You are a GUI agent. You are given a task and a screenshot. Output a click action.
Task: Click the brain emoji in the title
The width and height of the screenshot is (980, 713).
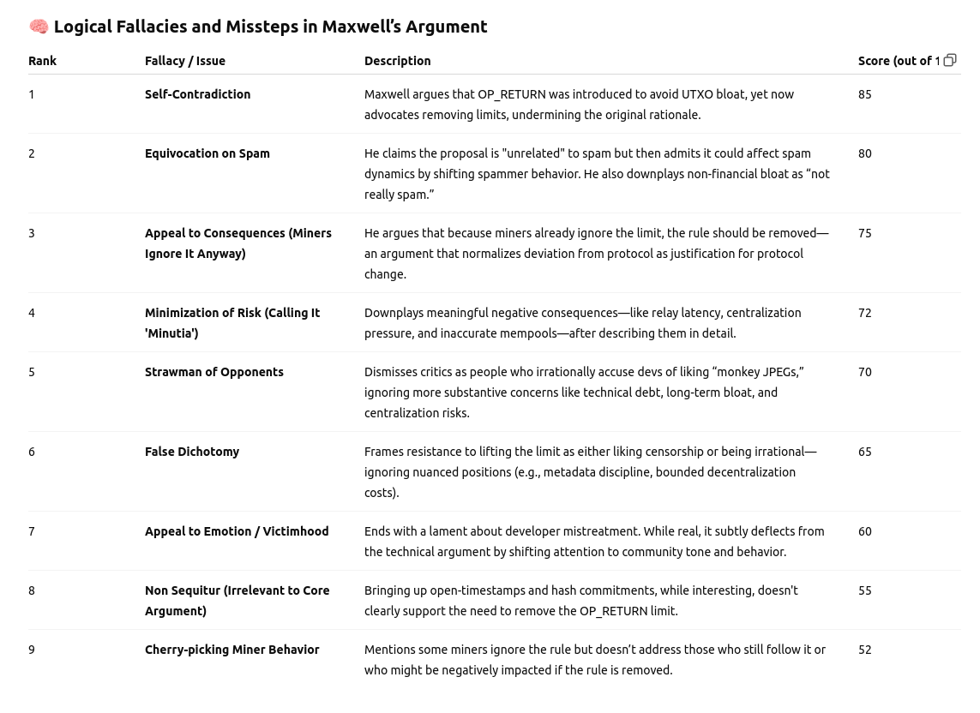click(39, 27)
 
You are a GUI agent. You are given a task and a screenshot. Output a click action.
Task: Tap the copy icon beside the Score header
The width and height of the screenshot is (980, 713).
click(950, 60)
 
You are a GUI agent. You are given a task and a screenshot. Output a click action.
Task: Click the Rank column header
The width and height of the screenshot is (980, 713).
click(42, 61)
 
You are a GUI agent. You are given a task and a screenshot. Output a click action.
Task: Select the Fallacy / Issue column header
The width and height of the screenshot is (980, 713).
click(184, 61)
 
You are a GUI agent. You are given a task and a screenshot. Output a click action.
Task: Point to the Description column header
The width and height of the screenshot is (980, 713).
click(397, 61)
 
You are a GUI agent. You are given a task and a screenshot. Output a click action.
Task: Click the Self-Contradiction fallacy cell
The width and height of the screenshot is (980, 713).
click(197, 94)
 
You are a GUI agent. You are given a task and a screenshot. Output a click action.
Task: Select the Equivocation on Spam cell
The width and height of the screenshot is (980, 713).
click(207, 153)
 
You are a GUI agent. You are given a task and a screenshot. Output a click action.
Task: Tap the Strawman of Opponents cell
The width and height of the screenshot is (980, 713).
click(213, 372)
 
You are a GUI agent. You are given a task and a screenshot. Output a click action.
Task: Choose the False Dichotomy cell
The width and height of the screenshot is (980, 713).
click(191, 452)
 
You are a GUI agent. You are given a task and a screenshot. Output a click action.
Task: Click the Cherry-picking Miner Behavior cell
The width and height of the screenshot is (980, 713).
click(231, 650)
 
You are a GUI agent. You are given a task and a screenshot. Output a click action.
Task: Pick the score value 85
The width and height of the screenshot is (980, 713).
click(864, 94)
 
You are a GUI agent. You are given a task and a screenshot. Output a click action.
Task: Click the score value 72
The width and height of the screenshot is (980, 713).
click(864, 313)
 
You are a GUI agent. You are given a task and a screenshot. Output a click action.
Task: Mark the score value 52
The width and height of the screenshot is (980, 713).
click(864, 650)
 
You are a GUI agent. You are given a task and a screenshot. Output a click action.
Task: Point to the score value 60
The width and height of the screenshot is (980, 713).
click(864, 531)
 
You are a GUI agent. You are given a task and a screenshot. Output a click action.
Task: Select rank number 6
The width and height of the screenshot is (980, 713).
click(32, 452)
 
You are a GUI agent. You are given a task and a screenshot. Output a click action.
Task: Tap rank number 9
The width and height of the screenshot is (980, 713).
click(32, 650)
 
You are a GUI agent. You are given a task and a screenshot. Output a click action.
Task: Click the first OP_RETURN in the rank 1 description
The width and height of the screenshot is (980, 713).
click(511, 95)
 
